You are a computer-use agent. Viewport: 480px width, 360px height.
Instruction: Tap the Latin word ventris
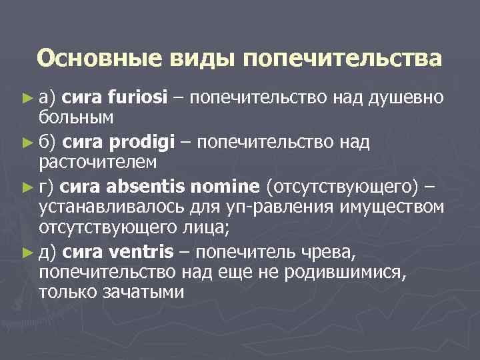[x=141, y=251]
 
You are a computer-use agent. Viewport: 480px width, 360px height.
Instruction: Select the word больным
[x=75, y=118]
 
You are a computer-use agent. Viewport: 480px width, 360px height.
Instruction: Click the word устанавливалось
[x=105, y=207]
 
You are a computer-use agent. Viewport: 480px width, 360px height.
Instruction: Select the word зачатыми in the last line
[x=145, y=292]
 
